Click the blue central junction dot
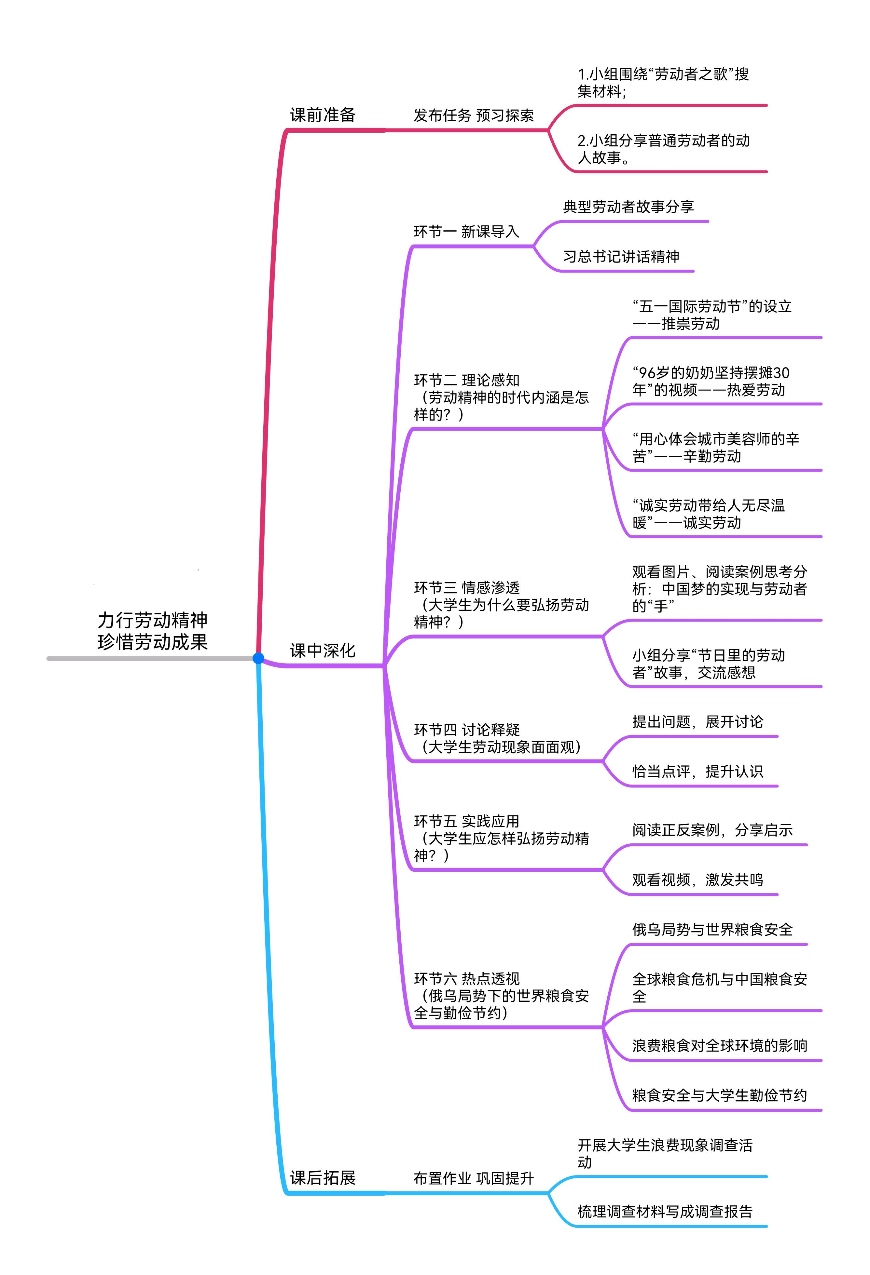coord(258,658)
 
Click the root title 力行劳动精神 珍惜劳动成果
coord(153,631)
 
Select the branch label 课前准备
coord(323,115)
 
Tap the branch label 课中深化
coord(323,651)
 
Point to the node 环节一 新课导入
coord(466,232)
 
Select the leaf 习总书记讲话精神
coord(621,256)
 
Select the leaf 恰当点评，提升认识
coord(697,772)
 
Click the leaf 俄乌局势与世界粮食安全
coord(712,929)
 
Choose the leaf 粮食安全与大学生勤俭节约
coord(719,1095)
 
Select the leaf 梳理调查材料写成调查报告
coord(665,1211)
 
